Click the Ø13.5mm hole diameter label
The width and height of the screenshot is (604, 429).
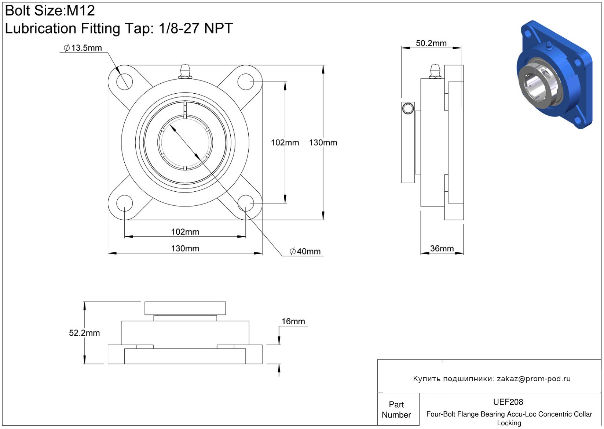pyautogui.click(x=83, y=48)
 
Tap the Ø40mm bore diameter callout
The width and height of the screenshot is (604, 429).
pyautogui.click(x=305, y=251)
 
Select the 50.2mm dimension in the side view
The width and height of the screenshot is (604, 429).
pyautogui.click(x=431, y=43)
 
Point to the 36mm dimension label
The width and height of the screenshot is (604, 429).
pyautogui.click(x=442, y=248)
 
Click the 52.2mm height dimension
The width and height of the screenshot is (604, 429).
pyautogui.click(x=84, y=333)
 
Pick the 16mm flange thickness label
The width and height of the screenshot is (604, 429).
pyautogui.click(x=293, y=321)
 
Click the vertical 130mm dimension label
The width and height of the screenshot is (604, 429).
pyautogui.click(x=323, y=143)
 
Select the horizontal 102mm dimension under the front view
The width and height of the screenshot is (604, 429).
pyautogui.click(x=185, y=232)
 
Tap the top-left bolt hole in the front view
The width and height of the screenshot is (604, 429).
pyautogui.click(x=125, y=82)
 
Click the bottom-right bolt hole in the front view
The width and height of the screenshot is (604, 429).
pyautogui.click(x=246, y=203)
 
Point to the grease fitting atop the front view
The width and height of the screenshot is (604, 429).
pyautogui.click(x=185, y=72)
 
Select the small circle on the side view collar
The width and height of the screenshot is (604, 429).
pyautogui.click(x=408, y=108)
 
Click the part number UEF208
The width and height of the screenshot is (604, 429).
pyautogui.click(x=508, y=402)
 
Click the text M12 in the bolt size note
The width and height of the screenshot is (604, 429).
pyautogui.click(x=81, y=11)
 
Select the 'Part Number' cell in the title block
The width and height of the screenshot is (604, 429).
pyautogui.click(x=396, y=410)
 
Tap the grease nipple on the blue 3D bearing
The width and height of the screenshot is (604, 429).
pyautogui.click(x=548, y=46)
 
